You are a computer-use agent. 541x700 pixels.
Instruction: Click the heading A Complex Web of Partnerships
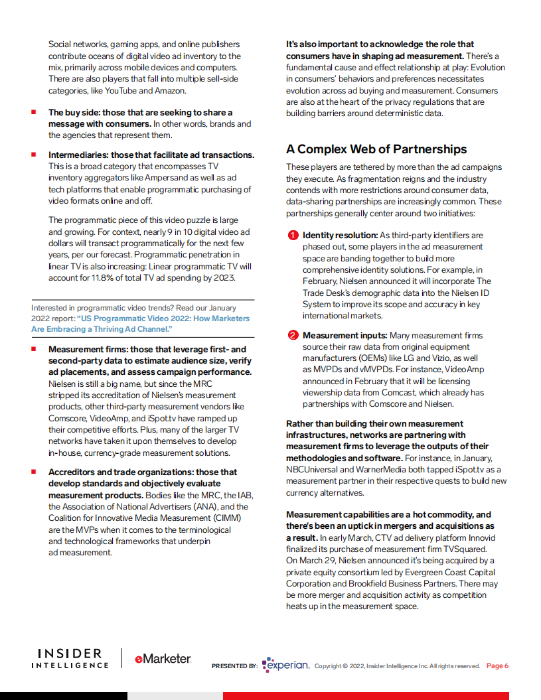pos(376,149)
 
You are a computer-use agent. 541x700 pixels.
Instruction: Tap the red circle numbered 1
pos(292,236)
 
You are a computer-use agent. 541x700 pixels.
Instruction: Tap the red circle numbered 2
pos(292,336)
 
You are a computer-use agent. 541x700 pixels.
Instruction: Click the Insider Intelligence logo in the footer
pos(70,659)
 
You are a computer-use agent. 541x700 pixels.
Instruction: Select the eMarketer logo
pos(163,659)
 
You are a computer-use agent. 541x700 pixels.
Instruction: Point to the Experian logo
pos(286,665)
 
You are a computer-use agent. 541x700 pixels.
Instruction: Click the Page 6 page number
pos(497,666)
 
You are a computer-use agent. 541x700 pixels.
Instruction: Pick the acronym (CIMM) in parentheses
pos(226,518)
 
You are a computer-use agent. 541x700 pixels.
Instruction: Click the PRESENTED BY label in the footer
pos(234,666)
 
